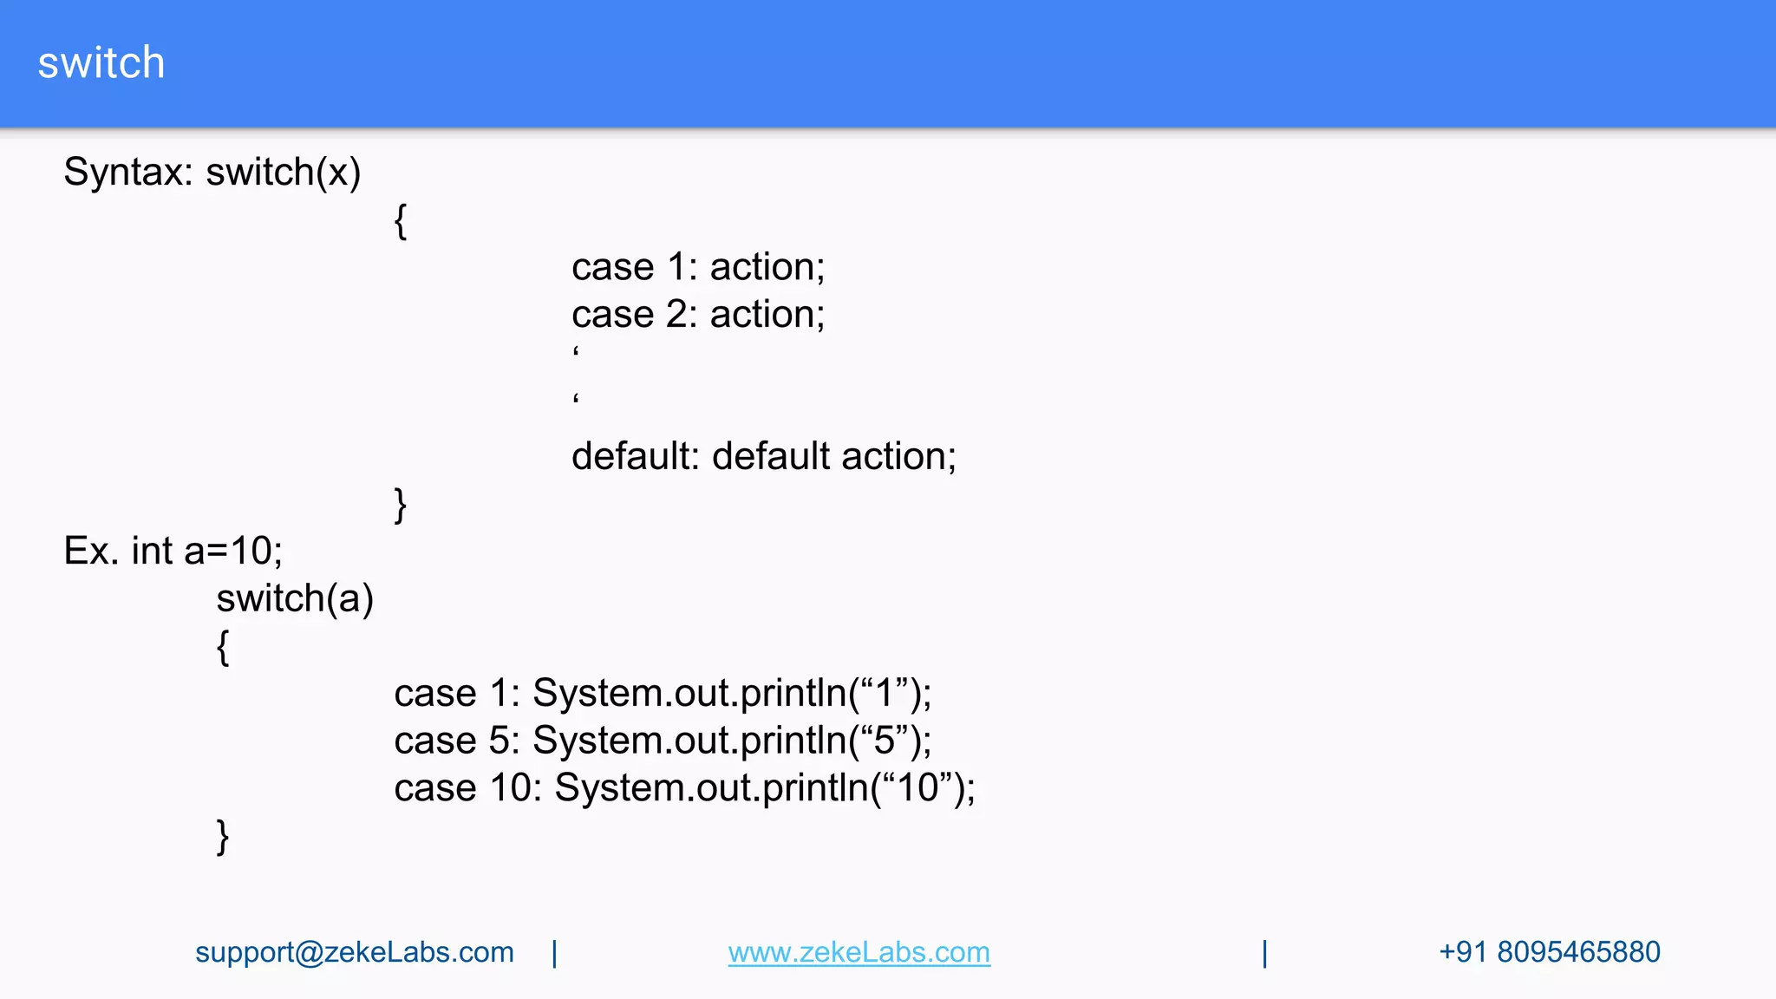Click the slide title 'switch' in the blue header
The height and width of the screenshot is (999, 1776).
tap(101, 63)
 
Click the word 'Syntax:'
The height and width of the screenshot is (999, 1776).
tap(128, 172)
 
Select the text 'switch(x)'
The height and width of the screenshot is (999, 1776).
tap(283, 172)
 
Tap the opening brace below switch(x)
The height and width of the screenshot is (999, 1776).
tap(400, 221)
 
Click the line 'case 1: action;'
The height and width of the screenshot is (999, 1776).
tap(698, 267)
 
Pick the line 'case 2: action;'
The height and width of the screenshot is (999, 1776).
tap(698, 314)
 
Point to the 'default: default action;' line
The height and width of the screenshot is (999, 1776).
tap(763, 456)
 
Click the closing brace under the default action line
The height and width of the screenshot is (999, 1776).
tap(400, 505)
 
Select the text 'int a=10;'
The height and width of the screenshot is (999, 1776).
tap(207, 551)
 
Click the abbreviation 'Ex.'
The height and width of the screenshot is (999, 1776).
tap(91, 551)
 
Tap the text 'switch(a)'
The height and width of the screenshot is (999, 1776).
tap(295, 598)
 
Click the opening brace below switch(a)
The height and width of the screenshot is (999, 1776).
tap(223, 647)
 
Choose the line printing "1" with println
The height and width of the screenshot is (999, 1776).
tap(663, 693)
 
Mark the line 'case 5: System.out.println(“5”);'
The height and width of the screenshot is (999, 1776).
tap(663, 741)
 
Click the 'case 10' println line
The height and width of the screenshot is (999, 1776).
tap(684, 788)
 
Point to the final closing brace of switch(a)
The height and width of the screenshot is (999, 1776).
tap(223, 837)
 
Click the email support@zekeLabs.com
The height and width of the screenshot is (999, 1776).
tap(355, 952)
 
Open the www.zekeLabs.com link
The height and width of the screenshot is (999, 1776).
tap(859, 952)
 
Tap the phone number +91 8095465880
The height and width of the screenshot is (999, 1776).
tap(1549, 952)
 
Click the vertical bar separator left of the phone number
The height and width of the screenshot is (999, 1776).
tap(1265, 953)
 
